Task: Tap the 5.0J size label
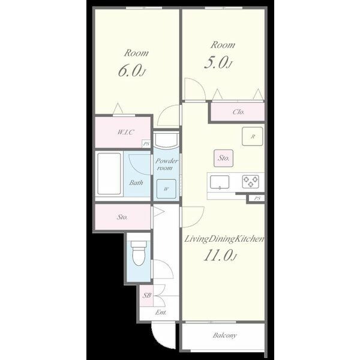pos(218,62)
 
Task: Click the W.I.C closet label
pos(125,132)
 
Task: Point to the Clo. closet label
pos(239,112)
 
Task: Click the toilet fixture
pos(139,253)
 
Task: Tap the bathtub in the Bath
pos(109,174)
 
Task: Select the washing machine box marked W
pos(166,189)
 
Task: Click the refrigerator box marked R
pos(253,136)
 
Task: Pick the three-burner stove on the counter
pos(251,181)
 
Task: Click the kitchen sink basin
pos(220,182)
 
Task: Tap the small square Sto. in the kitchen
pos(224,158)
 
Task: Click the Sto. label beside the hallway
pos(122,217)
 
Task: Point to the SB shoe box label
pos(147,295)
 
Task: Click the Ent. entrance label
pos(161,313)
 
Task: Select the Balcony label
pos(224,335)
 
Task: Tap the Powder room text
pos(166,164)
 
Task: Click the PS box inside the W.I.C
pos(146,144)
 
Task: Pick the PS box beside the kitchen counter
pos(257,199)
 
